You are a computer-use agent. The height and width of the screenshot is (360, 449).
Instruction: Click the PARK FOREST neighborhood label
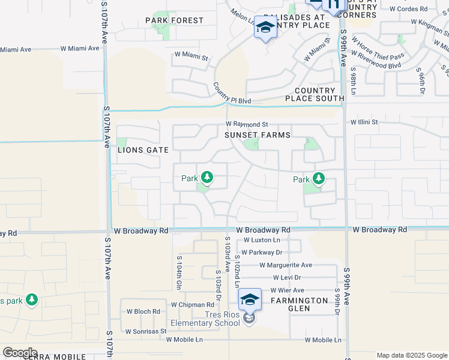point(175,20)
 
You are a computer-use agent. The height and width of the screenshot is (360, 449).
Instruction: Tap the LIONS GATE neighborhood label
point(143,150)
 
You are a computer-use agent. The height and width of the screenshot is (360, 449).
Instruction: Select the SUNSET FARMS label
point(258,136)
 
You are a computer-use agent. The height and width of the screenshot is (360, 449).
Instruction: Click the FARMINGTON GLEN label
point(299,304)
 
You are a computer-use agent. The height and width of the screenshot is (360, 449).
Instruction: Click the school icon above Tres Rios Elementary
point(250,300)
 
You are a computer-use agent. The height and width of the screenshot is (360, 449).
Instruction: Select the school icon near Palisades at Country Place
point(265,28)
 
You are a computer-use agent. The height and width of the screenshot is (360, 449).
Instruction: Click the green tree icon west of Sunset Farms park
point(207,178)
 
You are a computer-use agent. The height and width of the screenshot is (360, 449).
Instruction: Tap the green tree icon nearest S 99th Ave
point(318,179)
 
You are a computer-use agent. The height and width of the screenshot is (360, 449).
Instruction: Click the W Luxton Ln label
point(262,240)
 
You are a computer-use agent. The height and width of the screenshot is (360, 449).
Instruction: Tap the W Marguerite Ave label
point(286,265)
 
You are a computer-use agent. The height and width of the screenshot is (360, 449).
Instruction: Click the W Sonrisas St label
point(145,331)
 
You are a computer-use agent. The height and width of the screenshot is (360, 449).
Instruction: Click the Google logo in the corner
point(20,353)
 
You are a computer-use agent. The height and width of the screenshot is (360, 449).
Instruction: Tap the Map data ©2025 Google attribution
point(411,355)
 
